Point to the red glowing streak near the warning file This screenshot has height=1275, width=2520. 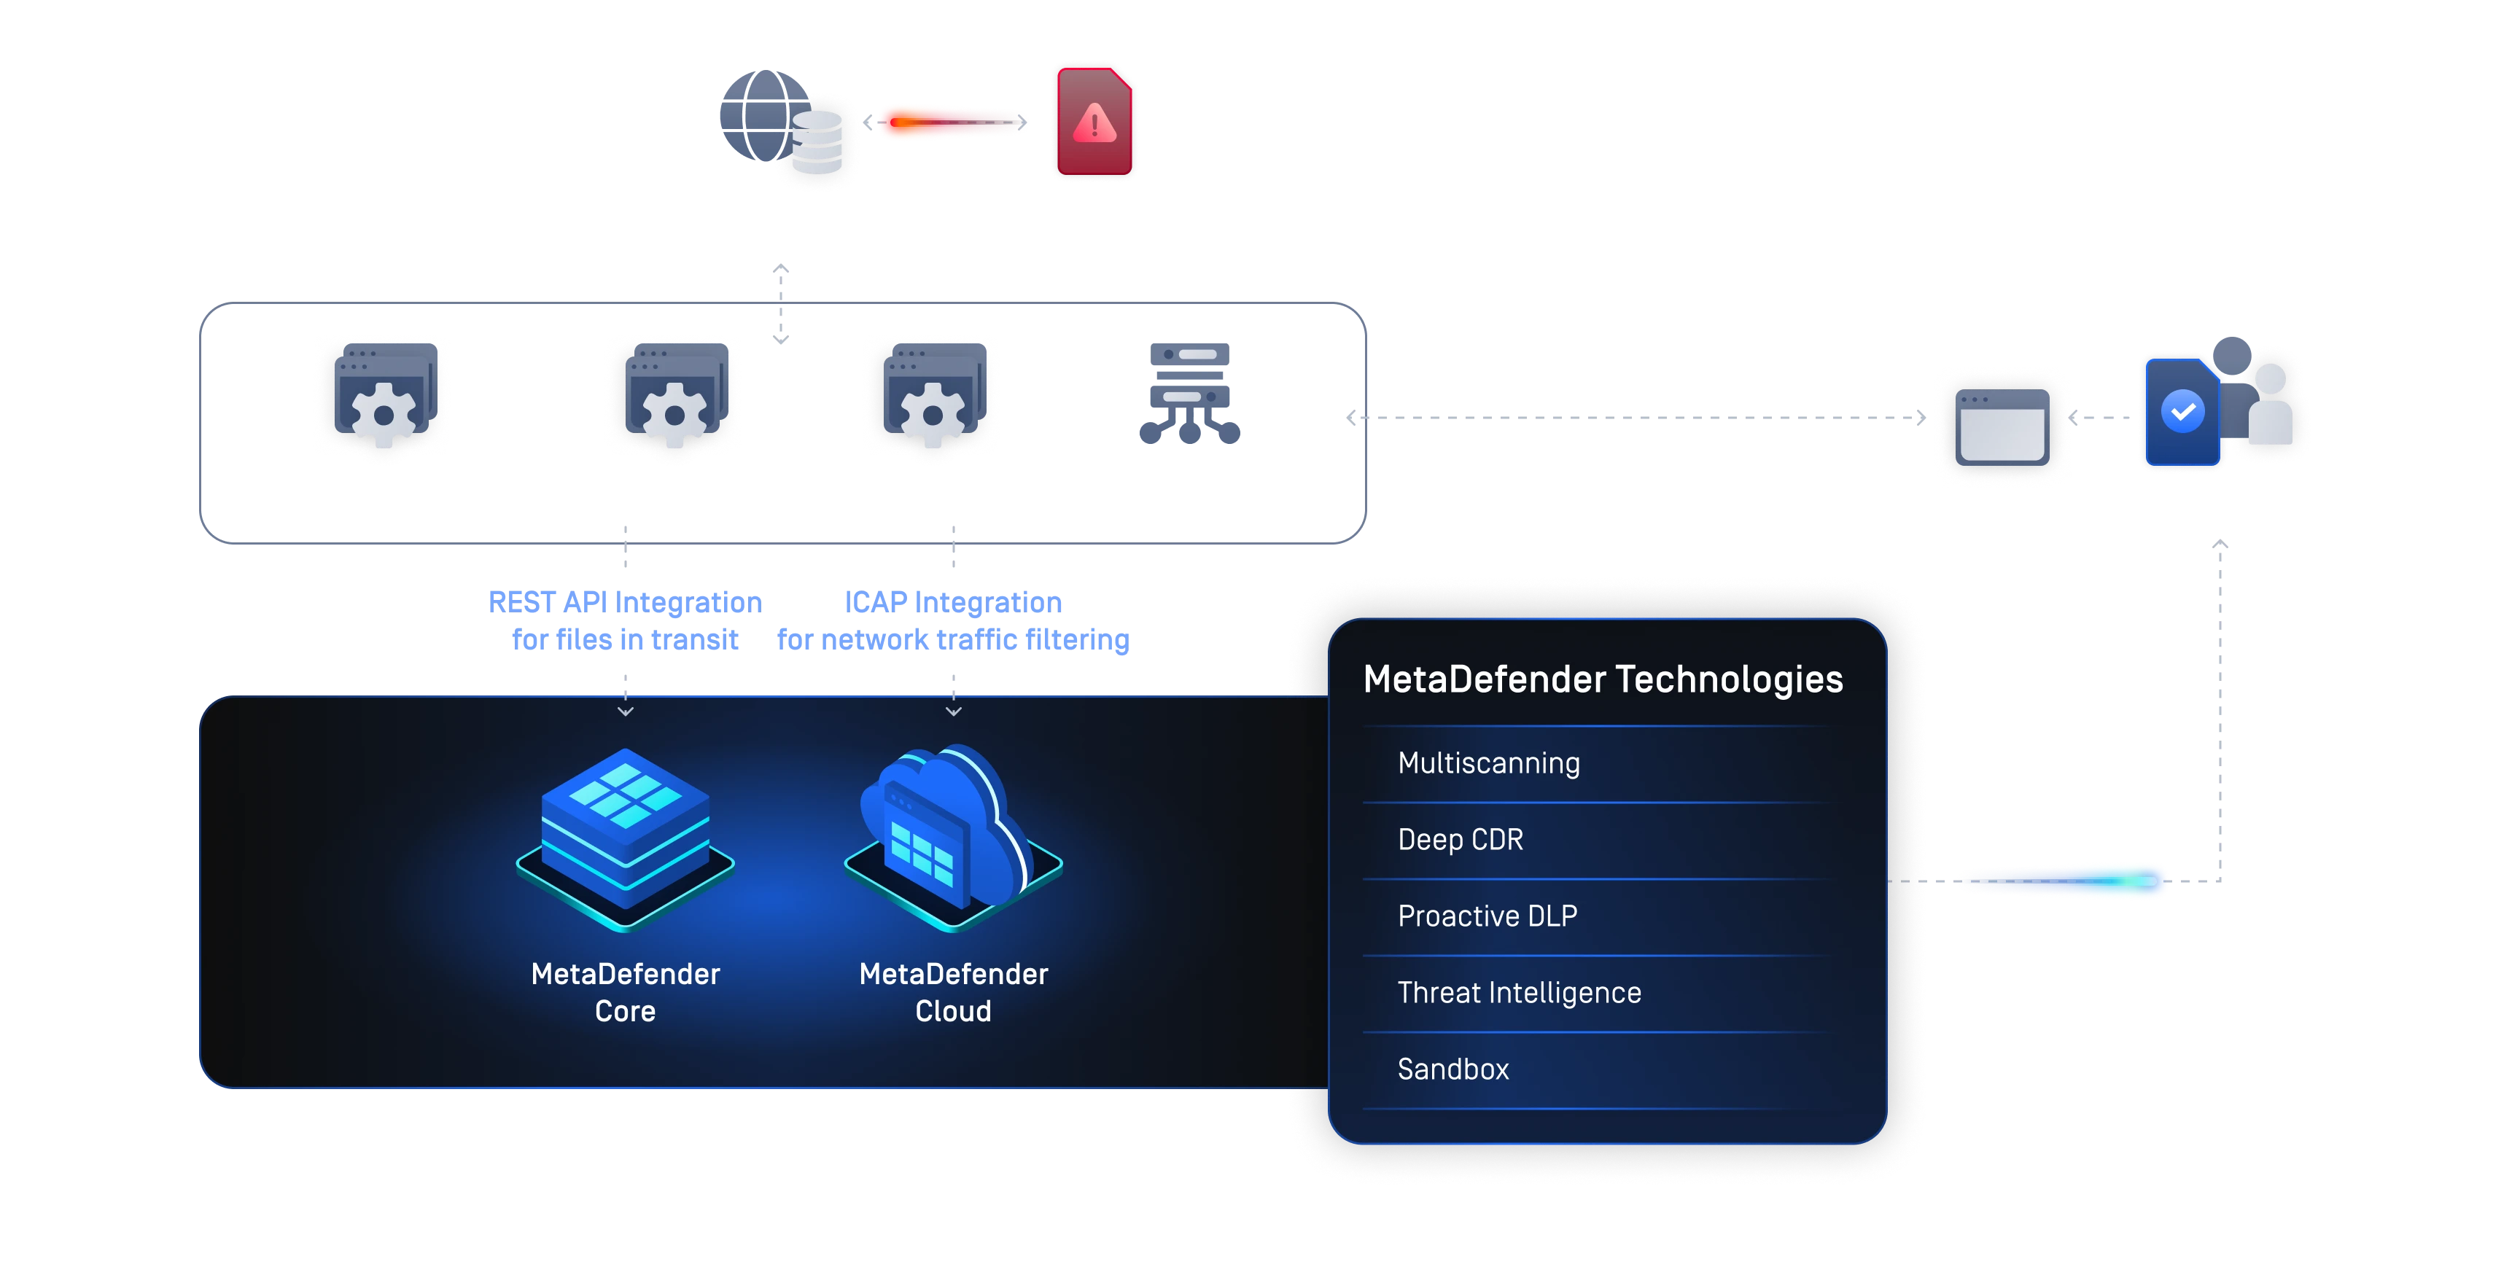tap(949, 122)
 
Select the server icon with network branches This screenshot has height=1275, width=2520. tap(1189, 391)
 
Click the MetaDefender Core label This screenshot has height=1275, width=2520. tap(625, 991)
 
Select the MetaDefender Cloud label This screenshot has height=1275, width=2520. tap(953, 991)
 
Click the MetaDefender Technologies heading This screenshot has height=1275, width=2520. tap(1603, 679)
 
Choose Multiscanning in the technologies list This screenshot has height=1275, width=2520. tap(1488, 763)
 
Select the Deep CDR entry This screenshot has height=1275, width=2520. tap(1460, 839)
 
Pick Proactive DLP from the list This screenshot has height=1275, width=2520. tap(1487, 915)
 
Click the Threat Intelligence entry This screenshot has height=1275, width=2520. tap(1518, 992)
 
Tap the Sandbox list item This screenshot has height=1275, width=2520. tap(1452, 1069)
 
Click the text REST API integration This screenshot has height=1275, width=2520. tap(626, 601)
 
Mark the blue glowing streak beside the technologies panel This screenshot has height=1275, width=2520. tap(2064, 881)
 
